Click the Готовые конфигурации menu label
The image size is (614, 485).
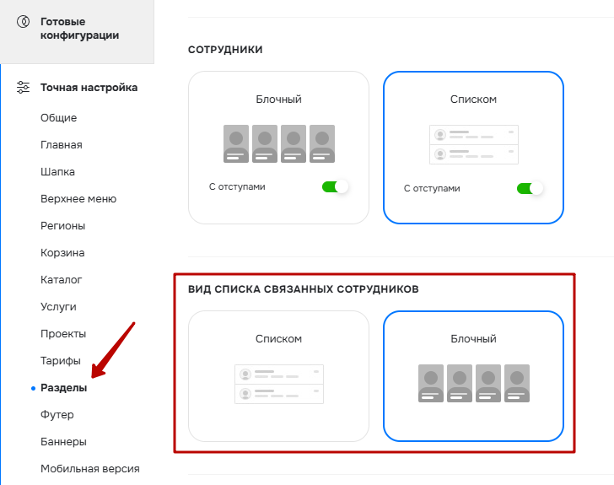[x=79, y=28]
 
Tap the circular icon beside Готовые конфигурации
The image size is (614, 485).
[x=23, y=21]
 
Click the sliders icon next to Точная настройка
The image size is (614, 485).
[x=23, y=87]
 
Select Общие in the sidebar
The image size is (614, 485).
[x=59, y=117]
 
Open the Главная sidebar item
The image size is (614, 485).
[x=62, y=144]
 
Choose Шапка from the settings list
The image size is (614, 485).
[x=57, y=171]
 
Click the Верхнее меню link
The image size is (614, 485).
[x=78, y=198]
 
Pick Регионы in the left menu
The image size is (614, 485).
[x=63, y=226]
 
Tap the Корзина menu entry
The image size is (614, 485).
[x=62, y=253]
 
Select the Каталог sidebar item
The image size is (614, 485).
[x=61, y=280]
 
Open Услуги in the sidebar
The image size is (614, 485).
[x=58, y=307]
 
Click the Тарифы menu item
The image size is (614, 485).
[x=61, y=361]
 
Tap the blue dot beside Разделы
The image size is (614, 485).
[x=33, y=388]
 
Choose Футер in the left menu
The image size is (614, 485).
[x=57, y=414]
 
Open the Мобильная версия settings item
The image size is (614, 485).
[x=90, y=468]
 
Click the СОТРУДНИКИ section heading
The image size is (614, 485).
[x=225, y=50]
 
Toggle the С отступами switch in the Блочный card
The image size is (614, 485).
[x=335, y=187]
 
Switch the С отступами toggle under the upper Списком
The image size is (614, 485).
[x=531, y=188]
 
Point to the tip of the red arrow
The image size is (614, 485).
[x=92, y=378]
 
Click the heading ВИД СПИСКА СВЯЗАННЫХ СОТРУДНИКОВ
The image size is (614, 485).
[x=304, y=289]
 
